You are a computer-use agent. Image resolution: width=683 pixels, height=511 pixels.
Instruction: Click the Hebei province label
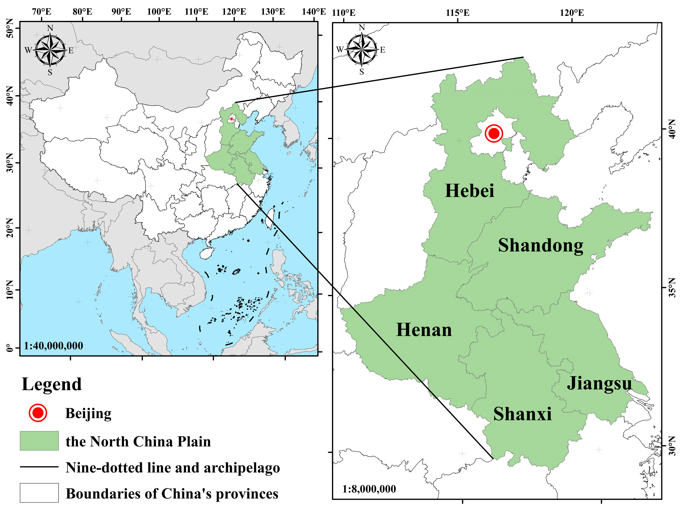(469, 191)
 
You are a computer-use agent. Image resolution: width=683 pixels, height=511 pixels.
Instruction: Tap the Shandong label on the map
(541, 246)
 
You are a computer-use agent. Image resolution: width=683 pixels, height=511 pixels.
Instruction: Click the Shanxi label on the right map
(522, 414)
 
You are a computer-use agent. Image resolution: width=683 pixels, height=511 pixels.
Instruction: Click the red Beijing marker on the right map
(494, 133)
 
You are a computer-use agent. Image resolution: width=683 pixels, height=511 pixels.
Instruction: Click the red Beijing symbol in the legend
(38, 413)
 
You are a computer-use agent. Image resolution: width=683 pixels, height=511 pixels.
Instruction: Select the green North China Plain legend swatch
(39, 441)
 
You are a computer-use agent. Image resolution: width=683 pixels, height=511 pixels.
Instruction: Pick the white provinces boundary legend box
(39, 493)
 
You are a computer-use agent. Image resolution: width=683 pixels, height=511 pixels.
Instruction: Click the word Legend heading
(52, 384)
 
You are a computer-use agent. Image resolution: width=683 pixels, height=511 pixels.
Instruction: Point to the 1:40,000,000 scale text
(54, 346)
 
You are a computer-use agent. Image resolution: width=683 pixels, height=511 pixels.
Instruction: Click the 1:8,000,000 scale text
(369, 489)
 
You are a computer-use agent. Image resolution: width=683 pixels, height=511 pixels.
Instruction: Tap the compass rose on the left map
(50, 50)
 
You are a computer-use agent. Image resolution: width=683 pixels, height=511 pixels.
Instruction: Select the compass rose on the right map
(362, 49)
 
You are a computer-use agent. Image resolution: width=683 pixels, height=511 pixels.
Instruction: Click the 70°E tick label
(42, 12)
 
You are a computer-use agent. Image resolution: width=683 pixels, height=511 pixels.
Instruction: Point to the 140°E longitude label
(313, 12)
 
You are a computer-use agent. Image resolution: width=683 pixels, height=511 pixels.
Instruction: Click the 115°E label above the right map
(457, 13)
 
